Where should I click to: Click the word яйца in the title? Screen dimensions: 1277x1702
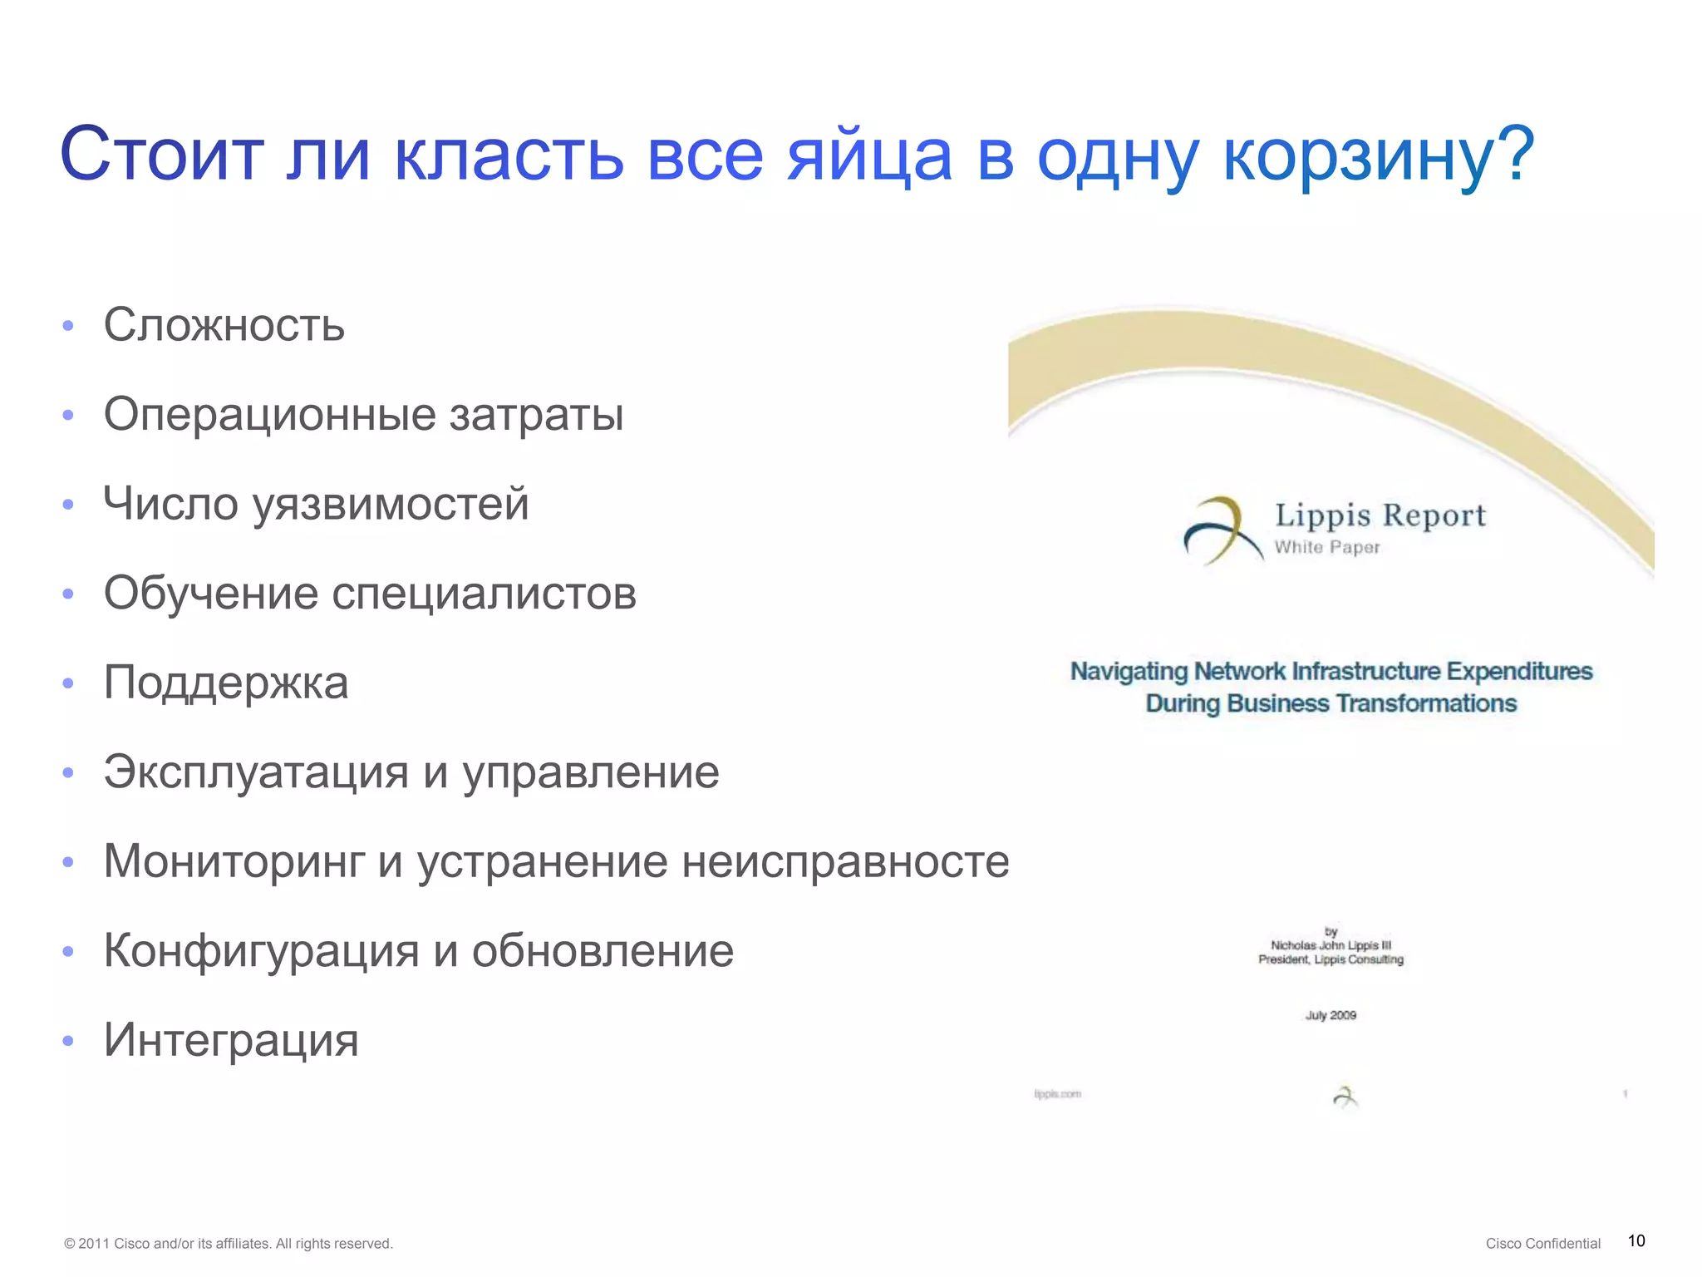[x=869, y=156]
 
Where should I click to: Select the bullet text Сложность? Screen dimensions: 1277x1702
[x=224, y=325]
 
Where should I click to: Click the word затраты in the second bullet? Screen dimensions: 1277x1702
[x=536, y=414]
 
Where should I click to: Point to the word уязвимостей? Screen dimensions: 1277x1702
[x=391, y=505]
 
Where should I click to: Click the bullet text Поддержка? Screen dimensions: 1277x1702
[x=225, y=683]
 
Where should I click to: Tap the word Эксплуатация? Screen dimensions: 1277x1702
[x=256, y=772]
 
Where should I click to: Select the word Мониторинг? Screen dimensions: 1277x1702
[x=234, y=861]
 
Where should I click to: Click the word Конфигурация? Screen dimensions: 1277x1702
[x=261, y=951]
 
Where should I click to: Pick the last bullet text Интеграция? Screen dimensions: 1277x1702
[x=231, y=1040]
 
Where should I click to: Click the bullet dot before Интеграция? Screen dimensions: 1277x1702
[x=68, y=1041]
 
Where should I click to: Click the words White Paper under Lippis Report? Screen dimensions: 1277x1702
[x=1327, y=547]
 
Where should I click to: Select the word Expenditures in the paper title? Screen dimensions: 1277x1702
[x=1519, y=671]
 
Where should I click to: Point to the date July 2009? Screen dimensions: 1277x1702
[x=1331, y=1015]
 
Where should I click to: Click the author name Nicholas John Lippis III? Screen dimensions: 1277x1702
[x=1331, y=945]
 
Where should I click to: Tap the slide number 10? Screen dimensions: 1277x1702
[x=1636, y=1241]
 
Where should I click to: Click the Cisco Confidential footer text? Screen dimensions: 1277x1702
[x=1542, y=1244]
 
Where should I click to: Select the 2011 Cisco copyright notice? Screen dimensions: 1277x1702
[x=228, y=1244]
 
